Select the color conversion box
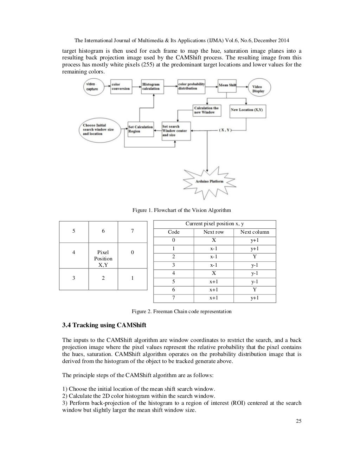pos(120,87)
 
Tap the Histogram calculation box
pos(152,87)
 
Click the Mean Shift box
pos(227,85)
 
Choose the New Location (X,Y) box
pos(247,110)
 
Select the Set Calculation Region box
pos(140,129)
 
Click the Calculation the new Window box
pos(207,110)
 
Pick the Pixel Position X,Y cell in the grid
pos(103,258)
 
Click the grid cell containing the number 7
pos(132,231)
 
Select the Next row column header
pos(213,232)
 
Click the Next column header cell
pos(255,232)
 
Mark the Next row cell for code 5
pos(213,281)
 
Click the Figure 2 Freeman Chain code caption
pos(181,311)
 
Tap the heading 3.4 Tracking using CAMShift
pos(104,325)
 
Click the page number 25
pos(298,422)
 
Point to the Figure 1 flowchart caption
pos(181,210)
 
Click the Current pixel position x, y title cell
pos(214,224)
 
